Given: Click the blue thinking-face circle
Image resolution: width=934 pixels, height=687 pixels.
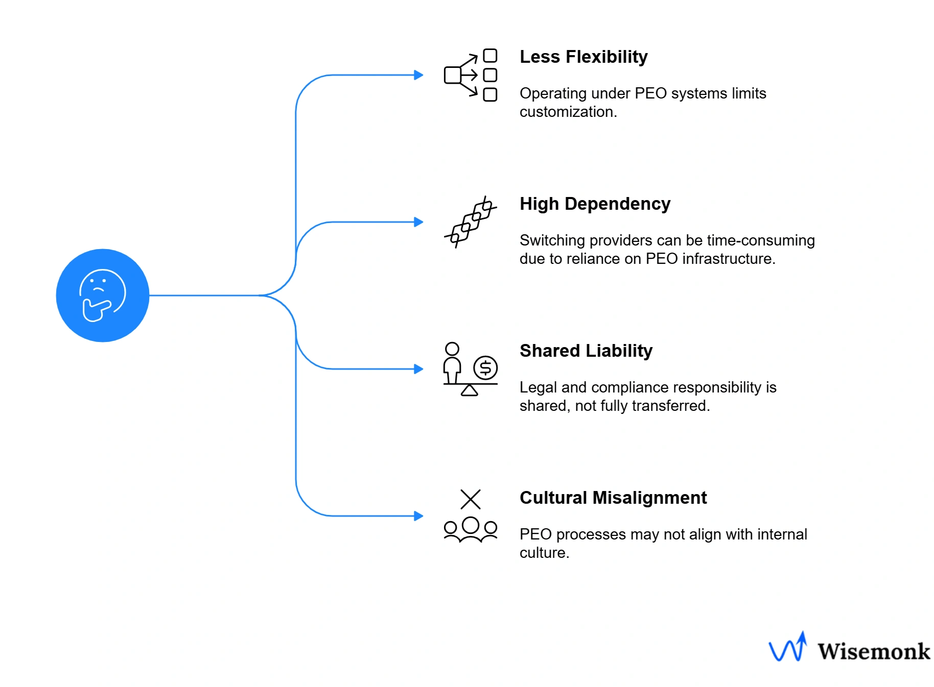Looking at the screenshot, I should pos(102,295).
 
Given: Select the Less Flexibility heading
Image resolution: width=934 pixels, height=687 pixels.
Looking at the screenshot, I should pos(583,57).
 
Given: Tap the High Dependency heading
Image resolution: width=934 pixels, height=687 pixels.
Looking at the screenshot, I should pos(594,204).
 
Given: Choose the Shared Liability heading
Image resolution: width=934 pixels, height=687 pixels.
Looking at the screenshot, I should pos(586,351).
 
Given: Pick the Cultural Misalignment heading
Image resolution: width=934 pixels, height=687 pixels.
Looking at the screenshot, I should pos(613,498).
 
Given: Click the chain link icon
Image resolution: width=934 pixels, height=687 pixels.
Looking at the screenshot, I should pos(470,222).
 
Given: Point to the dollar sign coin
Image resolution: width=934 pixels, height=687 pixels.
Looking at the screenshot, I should pos(485,367).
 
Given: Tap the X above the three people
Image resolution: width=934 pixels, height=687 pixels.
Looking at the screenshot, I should pos(470,499).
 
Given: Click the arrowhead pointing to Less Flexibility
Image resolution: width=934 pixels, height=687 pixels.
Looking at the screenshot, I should pos(418,75).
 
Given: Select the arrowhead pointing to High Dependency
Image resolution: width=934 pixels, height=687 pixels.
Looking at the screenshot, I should pos(418,222).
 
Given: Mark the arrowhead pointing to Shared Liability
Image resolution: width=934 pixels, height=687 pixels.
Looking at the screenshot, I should pos(418,369).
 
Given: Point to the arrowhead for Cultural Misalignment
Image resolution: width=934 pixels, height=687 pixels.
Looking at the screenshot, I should pos(418,516).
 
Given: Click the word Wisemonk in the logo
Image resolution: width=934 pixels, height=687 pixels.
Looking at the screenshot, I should pos(873,652).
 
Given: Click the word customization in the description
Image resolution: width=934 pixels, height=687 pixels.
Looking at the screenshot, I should pos(568,112).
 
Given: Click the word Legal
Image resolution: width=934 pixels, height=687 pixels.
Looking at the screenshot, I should pos(538,387).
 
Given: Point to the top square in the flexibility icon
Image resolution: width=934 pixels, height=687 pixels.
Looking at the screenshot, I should pos(490,56).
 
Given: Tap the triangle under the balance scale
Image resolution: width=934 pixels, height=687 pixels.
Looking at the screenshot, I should pos(469,390).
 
